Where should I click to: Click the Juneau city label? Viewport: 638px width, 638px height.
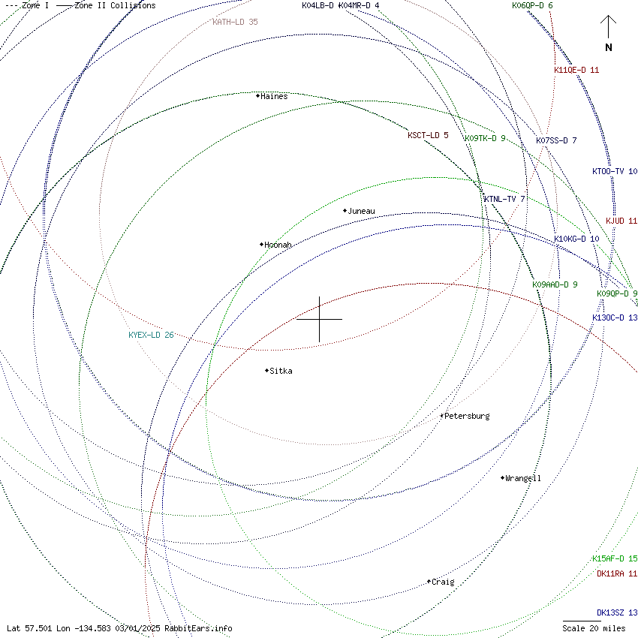pos(361,212)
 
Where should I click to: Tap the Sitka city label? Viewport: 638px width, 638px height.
pos(281,371)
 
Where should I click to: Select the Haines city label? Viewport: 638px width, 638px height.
pos(274,96)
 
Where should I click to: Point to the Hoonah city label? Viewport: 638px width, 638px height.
pos(278,245)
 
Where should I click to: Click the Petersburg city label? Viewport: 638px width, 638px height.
pos(467,416)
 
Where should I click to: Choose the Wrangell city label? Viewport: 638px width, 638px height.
pos(523,478)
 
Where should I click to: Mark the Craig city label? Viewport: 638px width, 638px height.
pos(443,582)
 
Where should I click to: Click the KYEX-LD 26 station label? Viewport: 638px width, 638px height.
pos(151,335)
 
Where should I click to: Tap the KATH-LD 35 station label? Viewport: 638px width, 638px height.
pos(235,22)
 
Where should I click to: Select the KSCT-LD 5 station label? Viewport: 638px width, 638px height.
pos(428,135)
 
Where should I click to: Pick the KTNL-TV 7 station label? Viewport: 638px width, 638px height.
pos(504,199)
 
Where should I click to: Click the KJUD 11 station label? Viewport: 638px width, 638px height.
pos(621,221)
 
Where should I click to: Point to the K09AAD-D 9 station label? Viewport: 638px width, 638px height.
pos(555,284)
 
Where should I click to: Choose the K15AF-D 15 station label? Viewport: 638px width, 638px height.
pos(615,558)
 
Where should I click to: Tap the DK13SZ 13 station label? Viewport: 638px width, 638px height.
pos(617,612)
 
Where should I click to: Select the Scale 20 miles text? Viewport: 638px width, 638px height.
pos(592,627)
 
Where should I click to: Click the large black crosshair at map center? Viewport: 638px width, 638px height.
pos(320,319)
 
